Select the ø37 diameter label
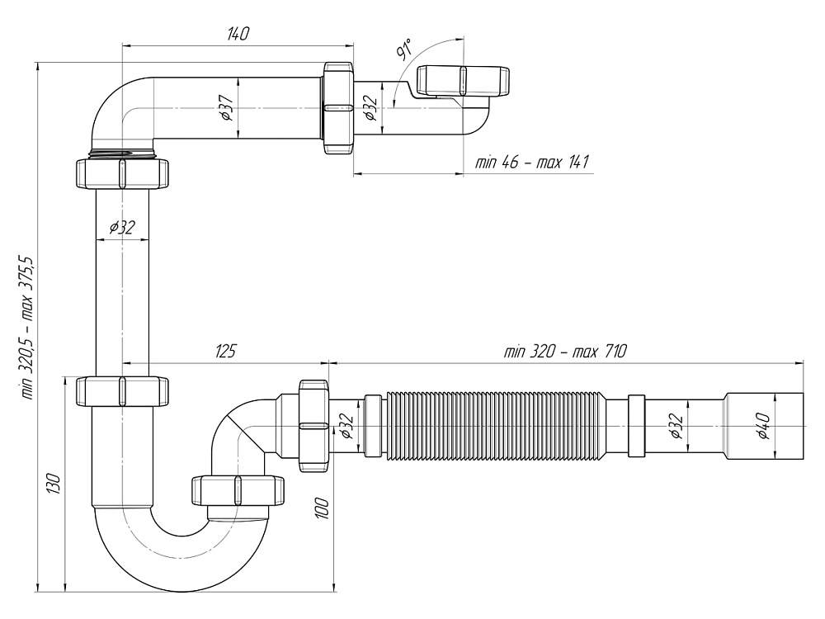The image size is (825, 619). pos(225,107)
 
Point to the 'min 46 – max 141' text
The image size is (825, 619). pos(531,162)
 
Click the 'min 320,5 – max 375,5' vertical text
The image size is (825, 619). pos(28,328)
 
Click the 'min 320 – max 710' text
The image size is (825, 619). pos(565,351)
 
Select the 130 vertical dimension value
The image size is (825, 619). pos(53,484)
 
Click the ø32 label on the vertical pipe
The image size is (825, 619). pos(121,228)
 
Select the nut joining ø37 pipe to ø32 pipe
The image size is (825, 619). pos(338,107)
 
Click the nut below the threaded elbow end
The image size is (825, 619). pos(122,172)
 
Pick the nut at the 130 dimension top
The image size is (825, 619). pos(122,390)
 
